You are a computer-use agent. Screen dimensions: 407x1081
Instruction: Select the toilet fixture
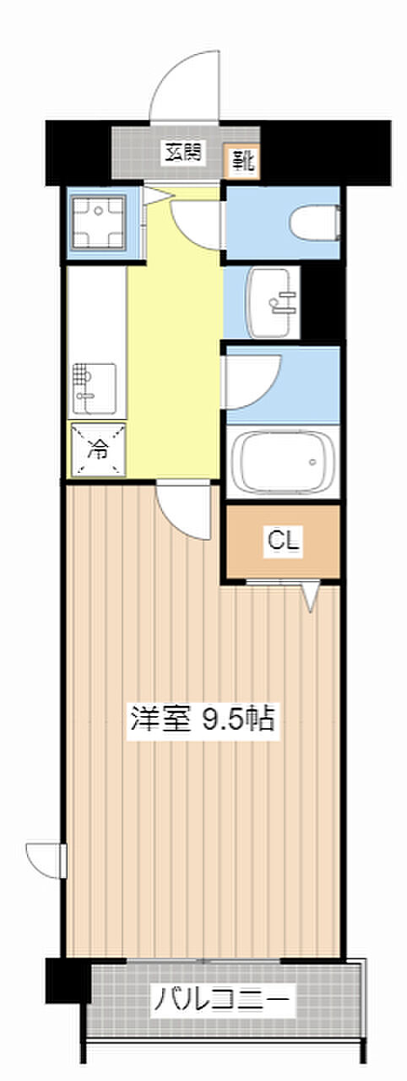[315, 222]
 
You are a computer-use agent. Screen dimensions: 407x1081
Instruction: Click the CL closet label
[283, 540]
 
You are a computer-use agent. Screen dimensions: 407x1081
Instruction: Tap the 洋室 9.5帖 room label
[203, 719]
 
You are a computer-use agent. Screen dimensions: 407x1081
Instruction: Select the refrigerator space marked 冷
[98, 449]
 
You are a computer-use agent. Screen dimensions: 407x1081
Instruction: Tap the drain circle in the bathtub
[313, 462]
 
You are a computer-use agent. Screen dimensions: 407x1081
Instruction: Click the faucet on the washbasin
[280, 301]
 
